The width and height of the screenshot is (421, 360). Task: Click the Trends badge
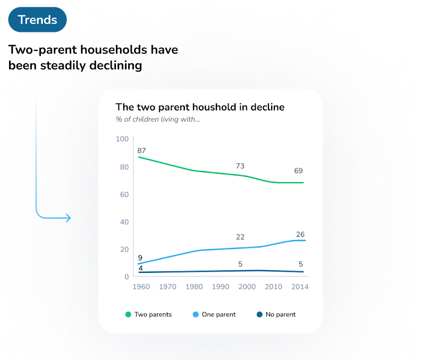click(37, 20)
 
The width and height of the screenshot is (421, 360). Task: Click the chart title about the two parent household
click(200, 107)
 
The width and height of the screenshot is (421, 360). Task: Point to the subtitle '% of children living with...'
click(158, 119)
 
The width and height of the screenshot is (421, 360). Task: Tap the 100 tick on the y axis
click(123, 139)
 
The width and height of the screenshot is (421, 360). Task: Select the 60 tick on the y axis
click(123, 195)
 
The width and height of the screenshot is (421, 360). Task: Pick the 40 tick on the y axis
click(123, 222)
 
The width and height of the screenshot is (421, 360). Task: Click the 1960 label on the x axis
click(141, 287)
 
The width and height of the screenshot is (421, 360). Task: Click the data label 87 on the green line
click(141, 151)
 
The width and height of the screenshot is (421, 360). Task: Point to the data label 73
click(240, 167)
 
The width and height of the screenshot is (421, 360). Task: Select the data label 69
click(298, 171)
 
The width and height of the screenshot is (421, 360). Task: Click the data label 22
click(240, 237)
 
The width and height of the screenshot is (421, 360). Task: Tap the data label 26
click(300, 235)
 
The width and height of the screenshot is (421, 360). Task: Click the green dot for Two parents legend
click(128, 314)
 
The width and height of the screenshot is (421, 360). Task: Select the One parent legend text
click(218, 314)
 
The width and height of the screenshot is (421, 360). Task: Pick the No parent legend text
click(281, 314)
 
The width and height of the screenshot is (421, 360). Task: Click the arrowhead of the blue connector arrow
click(68, 218)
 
